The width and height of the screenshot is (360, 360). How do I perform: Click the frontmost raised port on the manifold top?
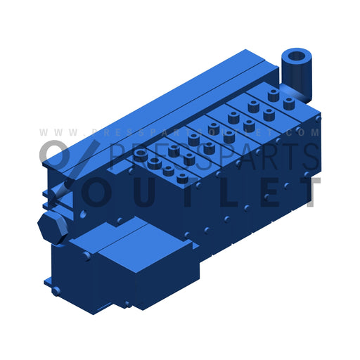183,179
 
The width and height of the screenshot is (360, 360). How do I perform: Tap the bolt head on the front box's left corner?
86,257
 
